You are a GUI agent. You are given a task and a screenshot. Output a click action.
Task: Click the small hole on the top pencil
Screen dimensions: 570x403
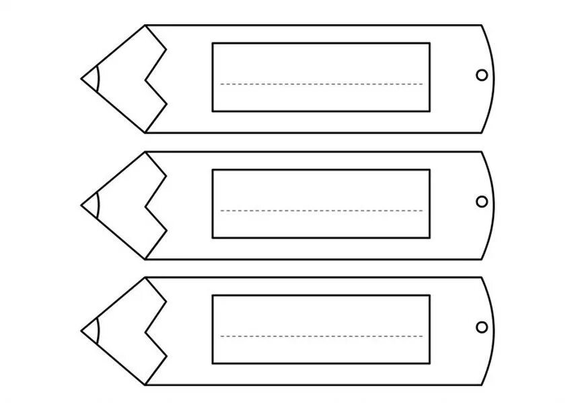(x=481, y=75)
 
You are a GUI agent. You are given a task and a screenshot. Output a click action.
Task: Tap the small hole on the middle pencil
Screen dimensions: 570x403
(x=481, y=201)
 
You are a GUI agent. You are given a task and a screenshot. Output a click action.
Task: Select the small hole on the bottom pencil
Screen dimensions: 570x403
(x=481, y=327)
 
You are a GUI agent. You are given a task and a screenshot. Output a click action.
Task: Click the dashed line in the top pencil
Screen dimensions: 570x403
(x=322, y=84)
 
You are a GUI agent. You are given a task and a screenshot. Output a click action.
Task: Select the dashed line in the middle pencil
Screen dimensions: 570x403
(x=322, y=211)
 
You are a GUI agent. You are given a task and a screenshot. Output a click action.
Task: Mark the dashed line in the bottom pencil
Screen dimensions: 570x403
(x=322, y=336)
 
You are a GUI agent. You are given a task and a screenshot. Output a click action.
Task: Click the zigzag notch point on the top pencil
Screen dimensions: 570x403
(x=145, y=78)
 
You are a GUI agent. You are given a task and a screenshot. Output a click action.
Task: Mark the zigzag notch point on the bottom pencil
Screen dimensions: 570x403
(x=145, y=330)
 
